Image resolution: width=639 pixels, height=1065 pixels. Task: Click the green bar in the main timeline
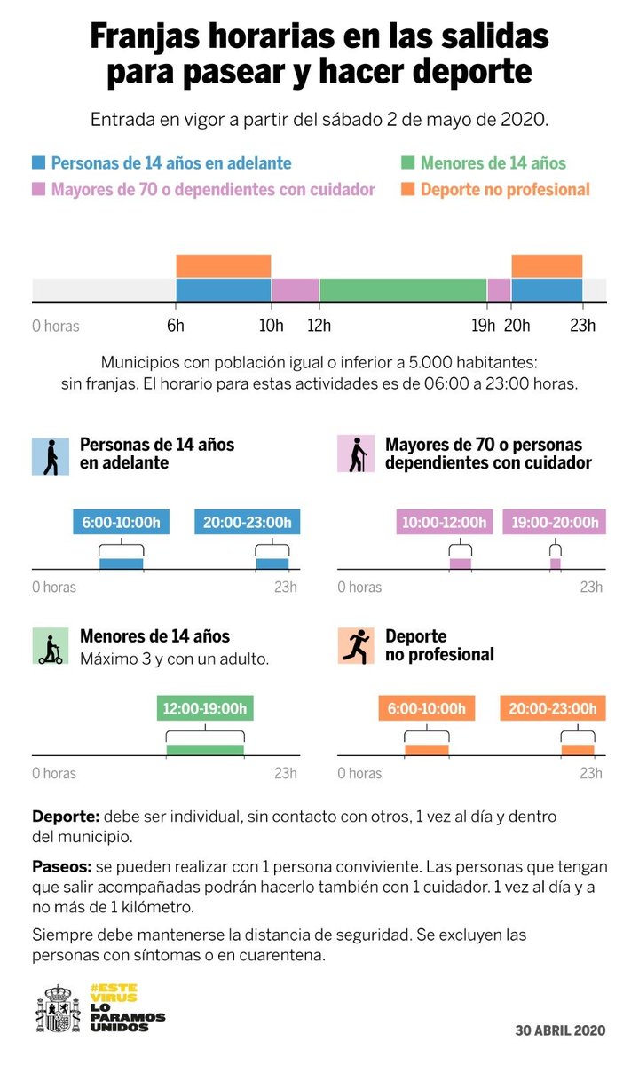pyautogui.click(x=403, y=290)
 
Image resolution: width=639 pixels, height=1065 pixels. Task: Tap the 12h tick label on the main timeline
pyautogui.click(x=319, y=326)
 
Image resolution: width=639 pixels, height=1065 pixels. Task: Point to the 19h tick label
pyautogui.click(x=484, y=326)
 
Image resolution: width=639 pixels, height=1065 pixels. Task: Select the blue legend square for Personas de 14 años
pyautogui.click(x=39, y=163)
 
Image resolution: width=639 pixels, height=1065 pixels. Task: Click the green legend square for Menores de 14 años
pyautogui.click(x=408, y=163)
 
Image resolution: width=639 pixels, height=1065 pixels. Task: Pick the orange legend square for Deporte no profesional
pyautogui.click(x=408, y=189)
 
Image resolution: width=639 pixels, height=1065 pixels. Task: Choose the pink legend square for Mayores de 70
pyautogui.click(x=39, y=189)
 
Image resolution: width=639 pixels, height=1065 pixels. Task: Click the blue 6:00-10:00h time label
pyautogui.click(x=121, y=523)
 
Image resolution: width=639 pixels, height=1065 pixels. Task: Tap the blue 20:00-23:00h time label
pyautogui.click(x=248, y=523)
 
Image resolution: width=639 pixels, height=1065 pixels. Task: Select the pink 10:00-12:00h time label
pyautogui.click(x=444, y=523)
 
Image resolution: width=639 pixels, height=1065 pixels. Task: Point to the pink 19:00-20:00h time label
pyautogui.click(x=555, y=523)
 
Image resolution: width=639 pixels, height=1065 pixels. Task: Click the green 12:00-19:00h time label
pyautogui.click(x=204, y=709)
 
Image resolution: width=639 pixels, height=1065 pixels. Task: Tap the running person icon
pyautogui.click(x=356, y=646)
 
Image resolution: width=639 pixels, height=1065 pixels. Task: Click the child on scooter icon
pyautogui.click(x=51, y=646)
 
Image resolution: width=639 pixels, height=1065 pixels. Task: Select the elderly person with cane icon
pyautogui.click(x=356, y=454)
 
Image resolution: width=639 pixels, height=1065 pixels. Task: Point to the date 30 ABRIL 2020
pyautogui.click(x=560, y=1030)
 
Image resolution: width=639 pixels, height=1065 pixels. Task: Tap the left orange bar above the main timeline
pyautogui.click(x=223, y=266)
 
